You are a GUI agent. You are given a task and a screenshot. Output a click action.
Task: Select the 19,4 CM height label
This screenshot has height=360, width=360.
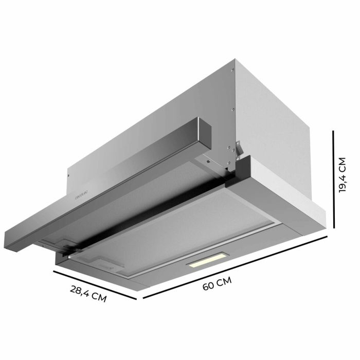(x=344, y=175)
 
